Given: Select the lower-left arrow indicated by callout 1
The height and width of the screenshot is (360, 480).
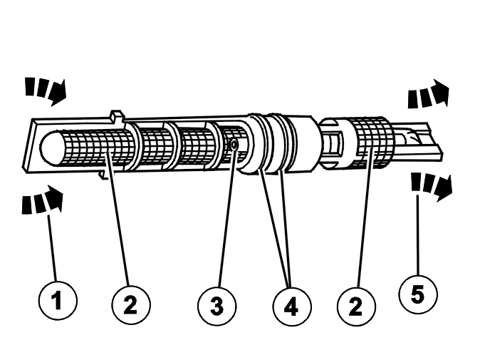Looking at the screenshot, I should (44, 201).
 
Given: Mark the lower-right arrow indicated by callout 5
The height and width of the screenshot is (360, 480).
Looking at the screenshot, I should (432, 188).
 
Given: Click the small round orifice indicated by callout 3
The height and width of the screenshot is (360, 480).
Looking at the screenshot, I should (234, 145).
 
